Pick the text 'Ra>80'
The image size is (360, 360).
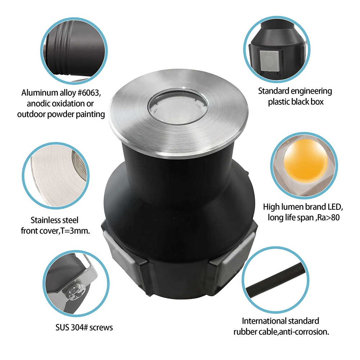pos(329,217)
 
